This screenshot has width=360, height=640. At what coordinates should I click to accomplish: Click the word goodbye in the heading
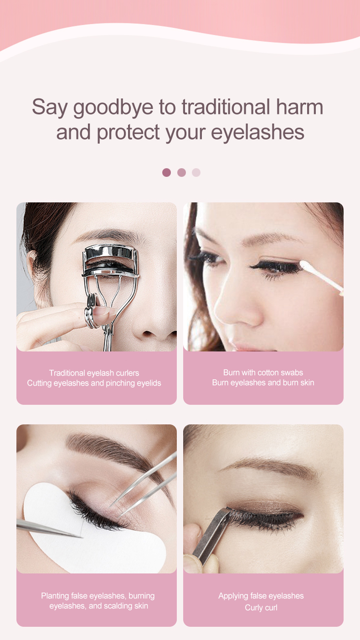113,108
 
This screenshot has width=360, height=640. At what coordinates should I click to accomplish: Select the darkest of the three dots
166,172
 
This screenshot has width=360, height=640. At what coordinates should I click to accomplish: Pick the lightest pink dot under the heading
196,172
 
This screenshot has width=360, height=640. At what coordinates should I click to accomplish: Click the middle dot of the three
181,172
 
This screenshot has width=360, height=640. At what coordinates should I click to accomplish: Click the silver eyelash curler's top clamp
111,254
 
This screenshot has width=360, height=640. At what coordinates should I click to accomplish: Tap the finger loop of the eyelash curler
92,310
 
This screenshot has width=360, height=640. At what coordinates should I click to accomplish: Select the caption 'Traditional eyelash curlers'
94,373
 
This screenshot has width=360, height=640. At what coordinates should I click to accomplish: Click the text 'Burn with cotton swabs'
263,372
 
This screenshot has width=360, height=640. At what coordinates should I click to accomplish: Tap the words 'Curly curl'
261,608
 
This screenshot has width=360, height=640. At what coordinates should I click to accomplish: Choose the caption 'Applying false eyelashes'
261,596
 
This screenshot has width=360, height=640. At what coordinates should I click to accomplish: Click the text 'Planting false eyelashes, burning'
98,596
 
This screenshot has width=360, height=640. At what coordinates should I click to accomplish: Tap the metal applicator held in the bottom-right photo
212,533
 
